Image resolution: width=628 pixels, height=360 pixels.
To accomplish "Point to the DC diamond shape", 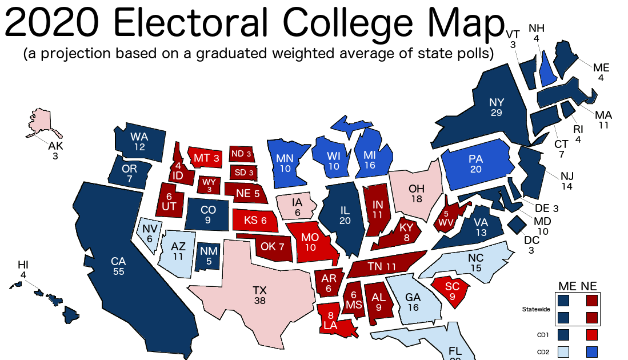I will click(x=518, y=224).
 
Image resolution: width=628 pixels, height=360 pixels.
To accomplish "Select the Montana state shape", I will click(x=206, y=157).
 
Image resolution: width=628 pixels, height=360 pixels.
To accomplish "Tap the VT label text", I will click(x=513, y=35).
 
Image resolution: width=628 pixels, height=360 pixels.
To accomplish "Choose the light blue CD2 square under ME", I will click(x=564, y=351).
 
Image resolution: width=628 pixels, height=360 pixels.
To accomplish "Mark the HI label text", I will click(x=23, y=265).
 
